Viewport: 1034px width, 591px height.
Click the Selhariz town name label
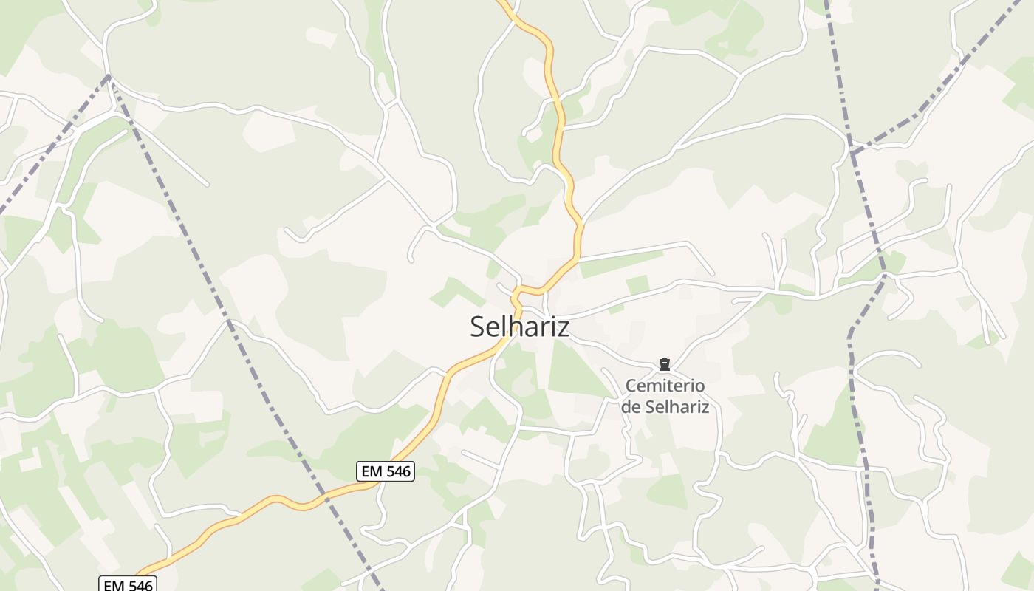coord(519,327)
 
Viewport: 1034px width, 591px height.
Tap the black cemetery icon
coord(664,364)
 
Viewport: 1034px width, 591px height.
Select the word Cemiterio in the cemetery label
coord(665,386)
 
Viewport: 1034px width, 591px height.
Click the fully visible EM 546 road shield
coord(385,471)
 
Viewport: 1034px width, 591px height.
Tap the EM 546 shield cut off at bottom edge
coord(128,584)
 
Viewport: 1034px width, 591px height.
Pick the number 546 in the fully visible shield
coord(397,471)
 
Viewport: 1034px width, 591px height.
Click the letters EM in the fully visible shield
coord(371,471)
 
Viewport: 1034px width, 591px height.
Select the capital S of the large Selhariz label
coord(478,327)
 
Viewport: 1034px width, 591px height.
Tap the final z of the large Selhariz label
coord(564,327)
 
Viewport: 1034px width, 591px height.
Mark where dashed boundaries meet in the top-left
coord(109,76)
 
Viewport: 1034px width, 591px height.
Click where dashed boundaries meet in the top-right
coord(853,152)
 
